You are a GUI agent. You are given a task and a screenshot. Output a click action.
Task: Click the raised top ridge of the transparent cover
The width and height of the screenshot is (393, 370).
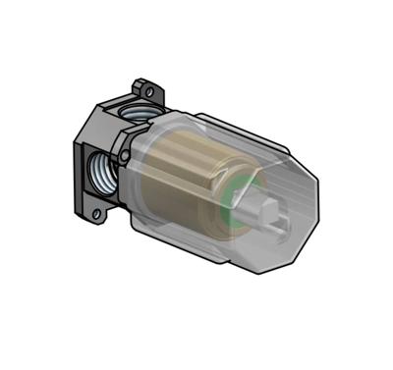point(236,129)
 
